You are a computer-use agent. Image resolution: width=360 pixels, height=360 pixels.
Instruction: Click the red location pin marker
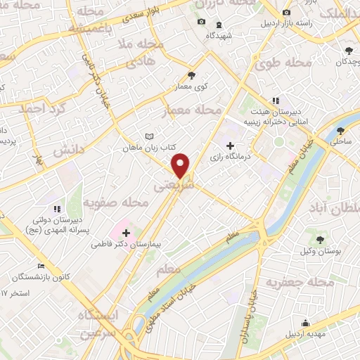coord(181,165)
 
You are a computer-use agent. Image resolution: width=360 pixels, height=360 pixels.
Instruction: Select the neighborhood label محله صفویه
coord(116,203)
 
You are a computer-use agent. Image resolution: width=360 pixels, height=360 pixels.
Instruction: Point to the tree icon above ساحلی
coord(341,131)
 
